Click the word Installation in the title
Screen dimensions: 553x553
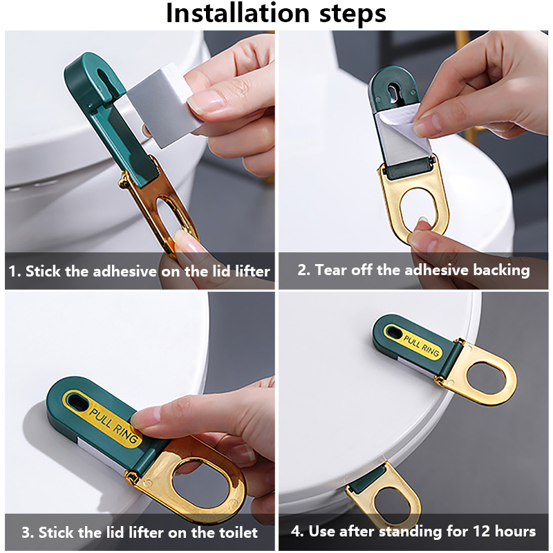coord(238,13)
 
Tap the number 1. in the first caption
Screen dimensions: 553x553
coord(15,271)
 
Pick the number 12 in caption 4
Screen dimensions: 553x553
coord(481,531)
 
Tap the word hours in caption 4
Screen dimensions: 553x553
coord(515,531)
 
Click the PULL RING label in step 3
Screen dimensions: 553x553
coord(112,426)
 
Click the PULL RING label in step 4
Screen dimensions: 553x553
coord(422,345)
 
